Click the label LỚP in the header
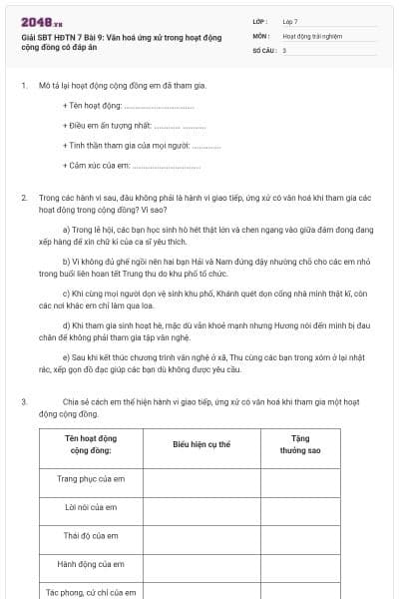(260, 21)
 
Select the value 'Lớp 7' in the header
(290, 21)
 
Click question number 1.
(23, 86)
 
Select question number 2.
(23, 198)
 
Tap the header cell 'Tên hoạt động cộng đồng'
(91, 444)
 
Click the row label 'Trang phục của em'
(91, 479)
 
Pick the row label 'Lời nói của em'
(91, 507)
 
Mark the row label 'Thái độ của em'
(91, 536)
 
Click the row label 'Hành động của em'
(91, 564)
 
